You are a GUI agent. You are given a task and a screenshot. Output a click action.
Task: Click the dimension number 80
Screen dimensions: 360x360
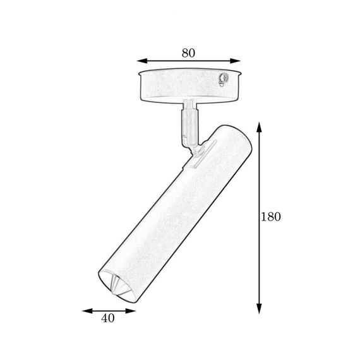pos(188,53)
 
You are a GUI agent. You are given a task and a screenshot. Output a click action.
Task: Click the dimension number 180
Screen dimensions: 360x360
pos(271,217)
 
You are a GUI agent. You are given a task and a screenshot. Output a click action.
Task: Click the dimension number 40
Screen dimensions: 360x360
pos(107,318)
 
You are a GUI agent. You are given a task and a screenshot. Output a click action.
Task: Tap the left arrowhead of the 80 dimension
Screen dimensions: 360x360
pos(141,61)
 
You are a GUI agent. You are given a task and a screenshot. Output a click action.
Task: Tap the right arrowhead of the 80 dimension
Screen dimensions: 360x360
pos(236,61)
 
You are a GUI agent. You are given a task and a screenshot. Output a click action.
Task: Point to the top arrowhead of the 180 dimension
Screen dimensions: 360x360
pos(259,127)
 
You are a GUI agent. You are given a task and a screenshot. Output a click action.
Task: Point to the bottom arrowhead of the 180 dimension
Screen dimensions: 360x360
pos(259,309)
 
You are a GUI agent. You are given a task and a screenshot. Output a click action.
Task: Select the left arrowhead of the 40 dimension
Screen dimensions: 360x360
pos(87,311)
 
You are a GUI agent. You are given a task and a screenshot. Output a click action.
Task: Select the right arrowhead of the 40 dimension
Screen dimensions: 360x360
pos(131,311)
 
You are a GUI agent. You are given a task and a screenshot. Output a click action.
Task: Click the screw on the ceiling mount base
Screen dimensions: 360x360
pos(224,78)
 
